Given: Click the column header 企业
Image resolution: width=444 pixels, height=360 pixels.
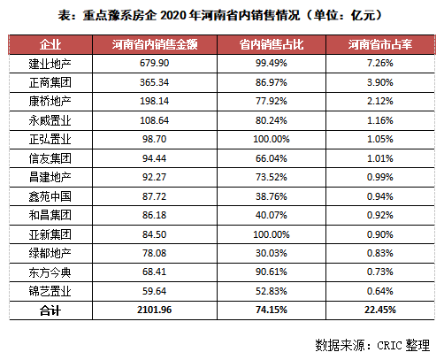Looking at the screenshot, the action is click(x=50, y=44).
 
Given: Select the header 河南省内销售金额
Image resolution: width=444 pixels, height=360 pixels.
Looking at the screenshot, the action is click(x=155, y=44).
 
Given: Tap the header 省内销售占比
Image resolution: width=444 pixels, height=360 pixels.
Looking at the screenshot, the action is click(x=272, y=44).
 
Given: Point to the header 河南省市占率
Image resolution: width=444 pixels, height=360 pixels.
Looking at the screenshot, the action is click(x=380, y=44).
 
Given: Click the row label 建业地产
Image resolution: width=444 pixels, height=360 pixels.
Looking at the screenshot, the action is click(x=50, y=64).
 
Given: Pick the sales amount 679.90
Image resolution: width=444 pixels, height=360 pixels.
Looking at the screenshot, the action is click(x=155, y=63).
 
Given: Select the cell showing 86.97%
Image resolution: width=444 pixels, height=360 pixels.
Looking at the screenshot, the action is click(x=272, y=82).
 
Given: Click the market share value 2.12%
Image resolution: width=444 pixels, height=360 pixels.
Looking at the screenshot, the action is click(x=380, y=101).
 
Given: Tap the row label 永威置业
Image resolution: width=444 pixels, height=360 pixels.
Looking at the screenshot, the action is click(x=50, y=120).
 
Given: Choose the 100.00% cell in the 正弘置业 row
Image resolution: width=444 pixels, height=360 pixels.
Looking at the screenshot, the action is click(x=272, y=139).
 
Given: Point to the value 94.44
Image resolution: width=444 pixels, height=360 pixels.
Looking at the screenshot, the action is click(x=155, y=158).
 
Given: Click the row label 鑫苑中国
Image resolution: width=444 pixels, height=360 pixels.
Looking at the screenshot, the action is click(x=50, y=196).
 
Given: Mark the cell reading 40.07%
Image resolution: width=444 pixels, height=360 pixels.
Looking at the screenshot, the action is click(x=272, y=215).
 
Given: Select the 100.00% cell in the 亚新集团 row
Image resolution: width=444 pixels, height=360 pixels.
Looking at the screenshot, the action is click(x=272, y=234).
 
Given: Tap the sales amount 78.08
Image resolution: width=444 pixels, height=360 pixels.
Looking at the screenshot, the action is click(x=155, y=253).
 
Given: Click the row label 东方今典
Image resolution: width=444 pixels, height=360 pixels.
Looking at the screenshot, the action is click(x=50, y=272).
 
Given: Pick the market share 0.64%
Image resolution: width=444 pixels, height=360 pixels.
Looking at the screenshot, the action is click(x=380, y=291).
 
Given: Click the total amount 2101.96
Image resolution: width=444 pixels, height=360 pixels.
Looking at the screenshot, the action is click(x=155, y=310).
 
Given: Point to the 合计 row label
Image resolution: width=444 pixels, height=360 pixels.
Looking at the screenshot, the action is click(x=50, y=310).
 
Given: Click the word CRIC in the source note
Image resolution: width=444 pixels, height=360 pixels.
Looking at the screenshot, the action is click(x=389, y=345).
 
